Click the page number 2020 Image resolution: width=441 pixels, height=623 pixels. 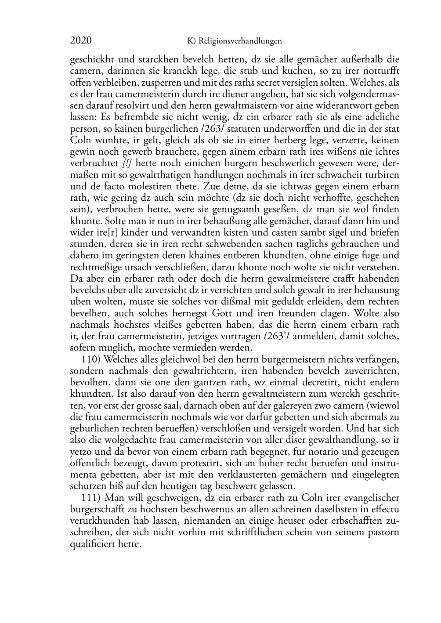point(81,41)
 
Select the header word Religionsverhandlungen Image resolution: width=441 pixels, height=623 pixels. point(240,41)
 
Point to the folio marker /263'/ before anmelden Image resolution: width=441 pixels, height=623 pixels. point(272,336)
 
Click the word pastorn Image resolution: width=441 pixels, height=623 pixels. point(382,532)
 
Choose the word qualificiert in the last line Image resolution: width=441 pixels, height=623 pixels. point(93,544)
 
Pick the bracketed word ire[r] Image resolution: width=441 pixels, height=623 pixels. point(111,232)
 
